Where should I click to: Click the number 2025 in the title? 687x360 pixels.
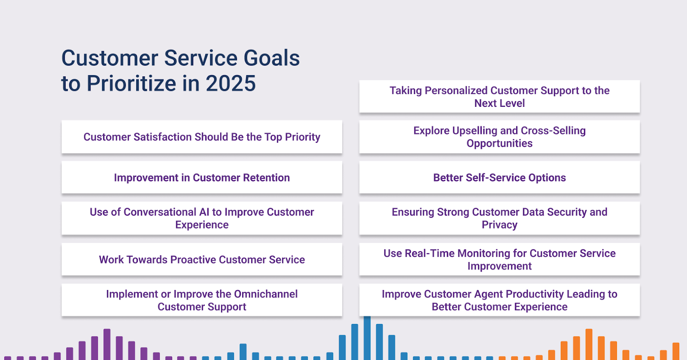click(231, 83)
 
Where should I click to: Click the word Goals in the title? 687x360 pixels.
click(271, 58)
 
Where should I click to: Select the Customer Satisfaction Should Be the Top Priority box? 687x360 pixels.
click(202, 136)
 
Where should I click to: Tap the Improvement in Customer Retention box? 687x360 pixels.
click(202, 177)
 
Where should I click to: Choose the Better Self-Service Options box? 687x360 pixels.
click(499, 177)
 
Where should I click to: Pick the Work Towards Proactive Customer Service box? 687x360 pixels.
click(202, 259)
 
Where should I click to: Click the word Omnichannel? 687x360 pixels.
click(266, 294)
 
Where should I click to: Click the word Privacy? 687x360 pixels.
click(499, 225)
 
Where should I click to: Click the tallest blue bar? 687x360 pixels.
click(367, 338)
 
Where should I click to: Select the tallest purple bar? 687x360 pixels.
click(107, 345)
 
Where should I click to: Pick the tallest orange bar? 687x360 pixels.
click(589, 345)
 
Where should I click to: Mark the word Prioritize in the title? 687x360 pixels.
click(132, 83)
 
